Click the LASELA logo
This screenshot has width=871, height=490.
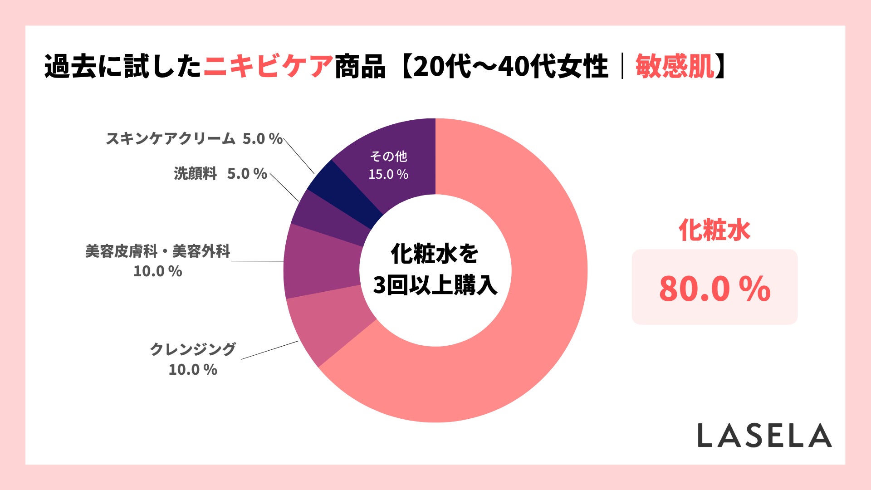point(764,436)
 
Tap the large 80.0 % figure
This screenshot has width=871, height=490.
point(714,289)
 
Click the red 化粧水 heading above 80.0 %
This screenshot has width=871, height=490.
point(714,230)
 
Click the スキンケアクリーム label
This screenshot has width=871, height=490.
point(171,138)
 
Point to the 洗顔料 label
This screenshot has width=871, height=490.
point(196,174)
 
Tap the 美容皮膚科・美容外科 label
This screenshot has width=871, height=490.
point(158,251)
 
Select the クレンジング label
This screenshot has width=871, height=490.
point(193,349)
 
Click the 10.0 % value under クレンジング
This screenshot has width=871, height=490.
point(193,370)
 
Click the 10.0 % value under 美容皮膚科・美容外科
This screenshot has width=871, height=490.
point(158,271)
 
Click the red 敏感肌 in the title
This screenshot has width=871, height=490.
point(675,67)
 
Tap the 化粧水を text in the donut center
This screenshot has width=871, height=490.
point(435,254)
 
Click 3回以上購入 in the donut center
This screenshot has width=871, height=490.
point(435,286)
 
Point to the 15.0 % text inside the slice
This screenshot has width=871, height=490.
point(388,174)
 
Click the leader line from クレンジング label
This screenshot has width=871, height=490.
point(270,350)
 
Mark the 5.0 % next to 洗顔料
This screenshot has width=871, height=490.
point(247,174)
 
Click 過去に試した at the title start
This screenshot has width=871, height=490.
point(123,67)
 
